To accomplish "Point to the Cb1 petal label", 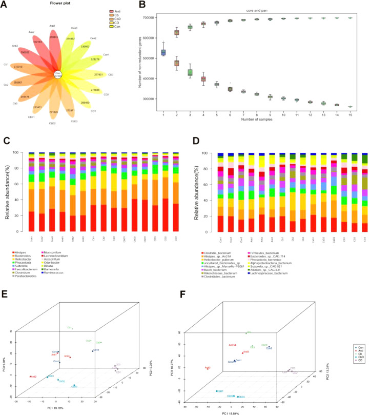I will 6,65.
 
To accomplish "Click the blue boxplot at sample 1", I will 163,52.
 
